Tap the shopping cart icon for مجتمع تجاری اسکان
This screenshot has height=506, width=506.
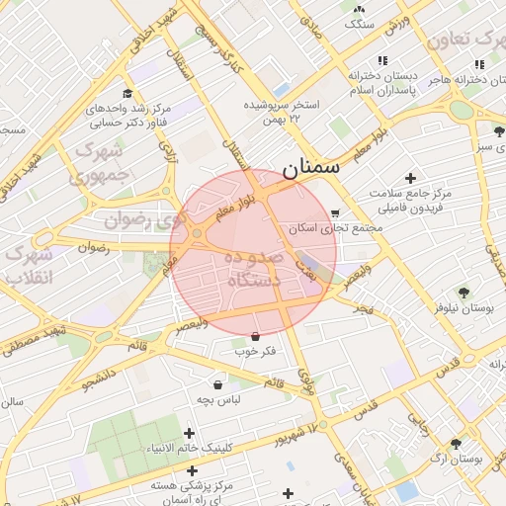(x=335, y=212)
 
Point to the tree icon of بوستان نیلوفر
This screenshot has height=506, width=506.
(x=462, y=292)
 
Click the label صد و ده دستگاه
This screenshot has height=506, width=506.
(x=254, y=269)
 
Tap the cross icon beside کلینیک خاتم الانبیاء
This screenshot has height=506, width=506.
(x=189, y=433)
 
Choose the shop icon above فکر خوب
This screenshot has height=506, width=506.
(x=256, y=336)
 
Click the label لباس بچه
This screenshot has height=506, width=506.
(x=217, y=399)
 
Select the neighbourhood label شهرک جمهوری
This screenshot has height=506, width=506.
(x=97, y=163)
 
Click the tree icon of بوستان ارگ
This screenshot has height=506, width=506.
(x=456, y=445)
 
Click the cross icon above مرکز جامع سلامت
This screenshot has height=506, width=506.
(x=410, y=178)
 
